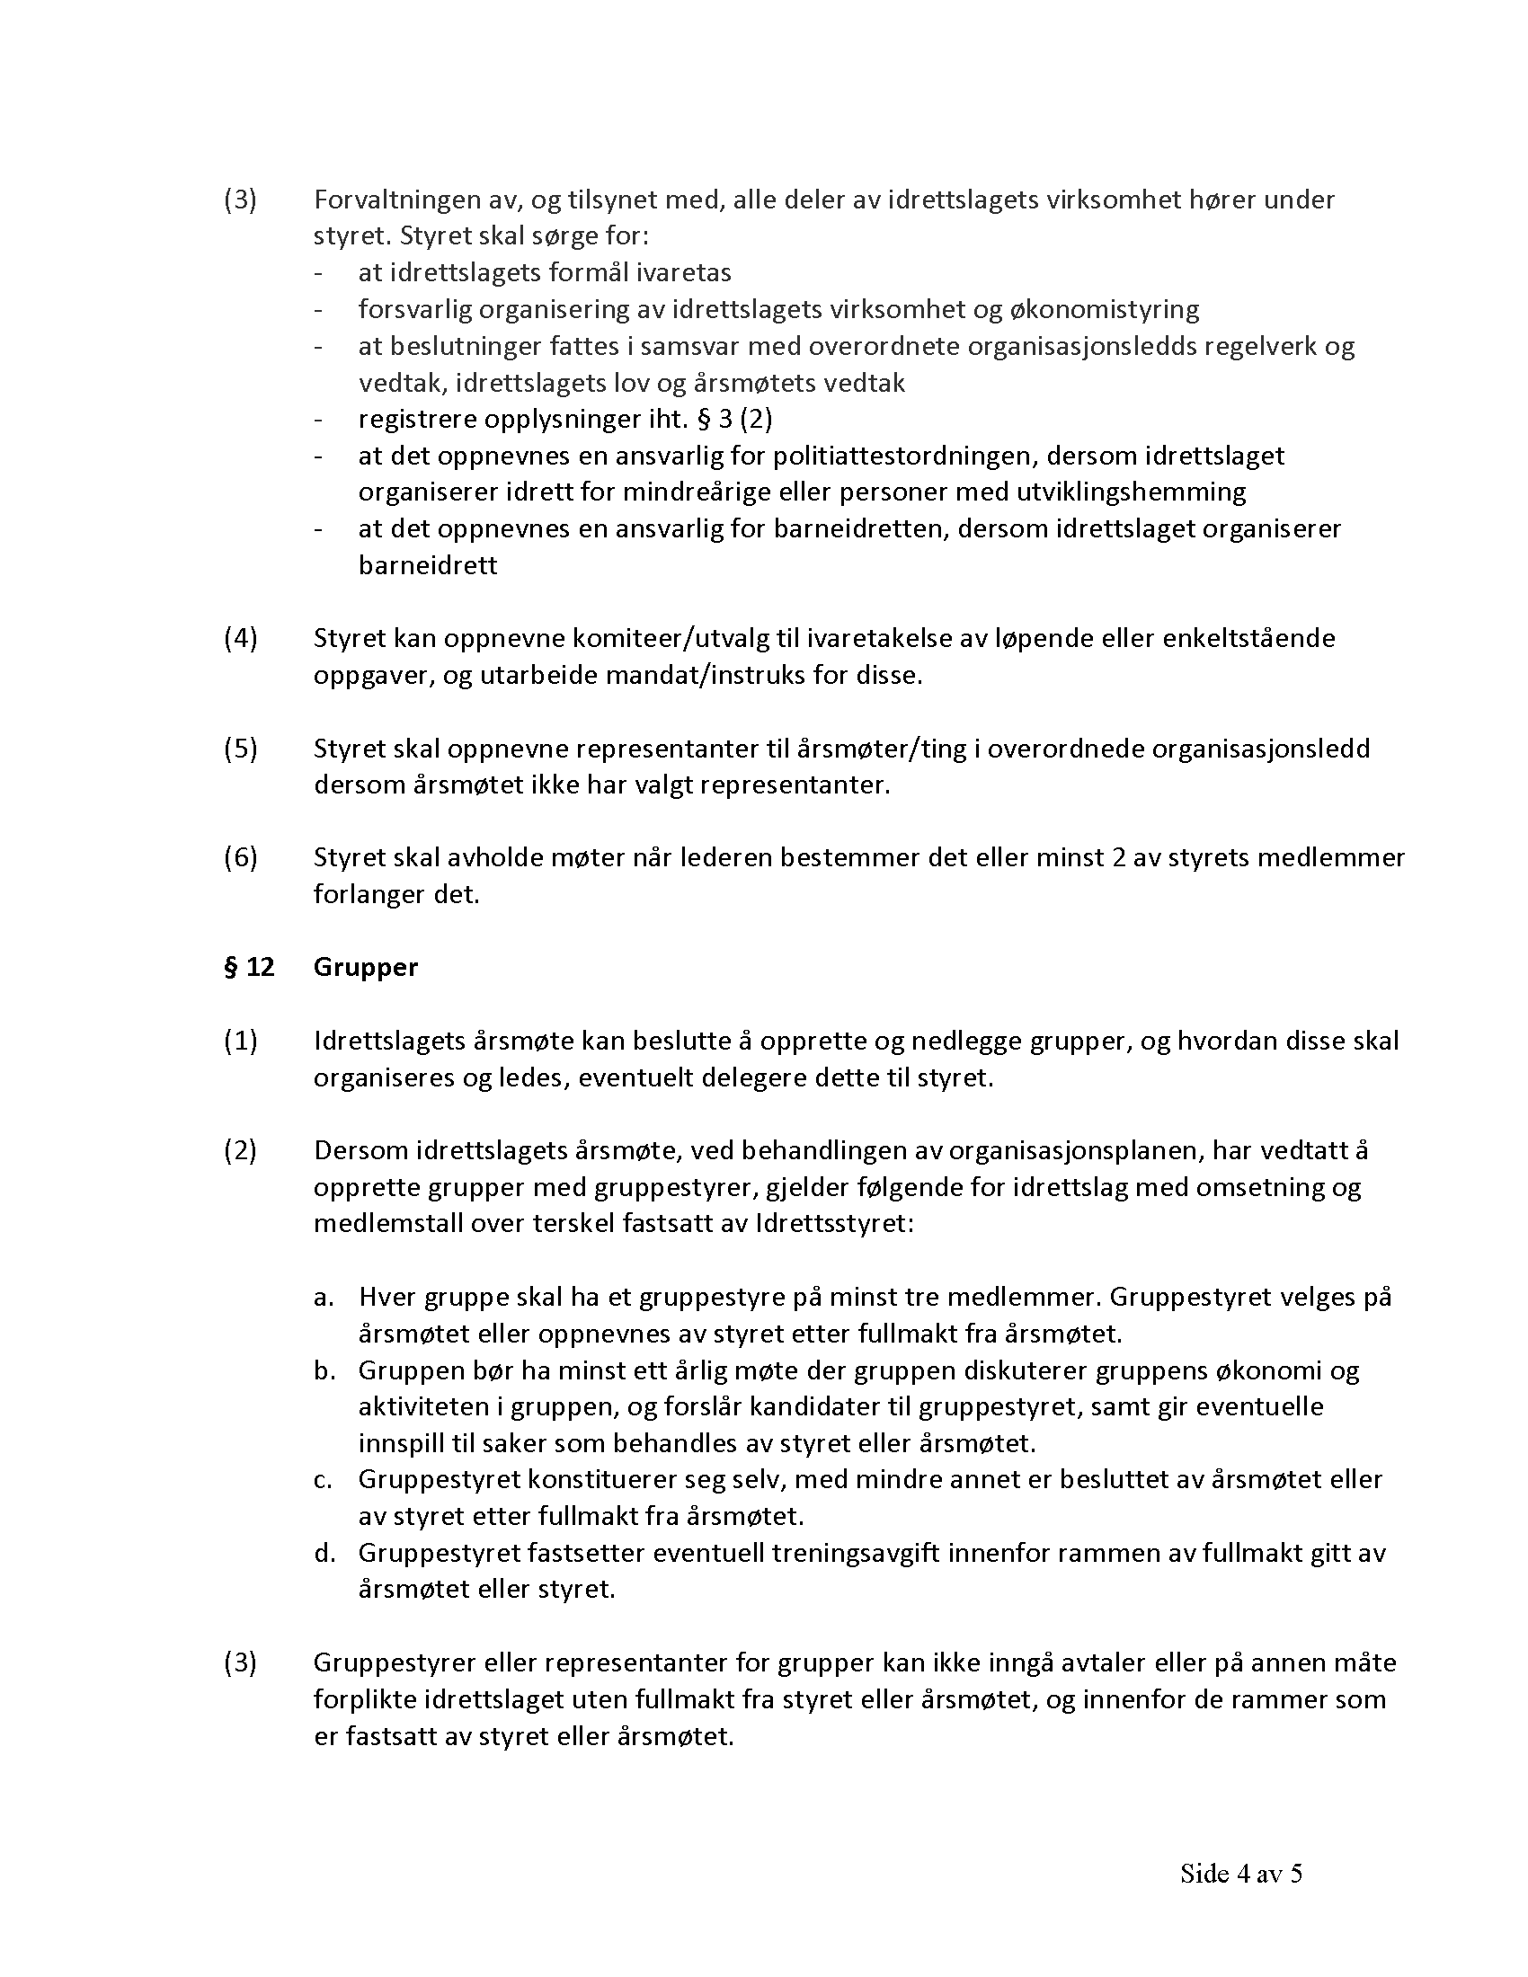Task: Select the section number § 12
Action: pyautogui.click(x=249, y=968)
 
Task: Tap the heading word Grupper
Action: pyautogui.click(x=366, y=968)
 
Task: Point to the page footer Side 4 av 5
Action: pyautogui.click(x=1240, y=1874)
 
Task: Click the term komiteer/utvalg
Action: pyautogui.click(x=671, y=639)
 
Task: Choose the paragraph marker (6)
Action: pyautogui.click(x=241, y=858)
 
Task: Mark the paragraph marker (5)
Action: pyautogui.click(x=241, y=749)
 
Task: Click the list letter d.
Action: pyautogui.click(x=324, y=1554)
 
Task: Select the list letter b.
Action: pyautogui.click(x=324, y=1370)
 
